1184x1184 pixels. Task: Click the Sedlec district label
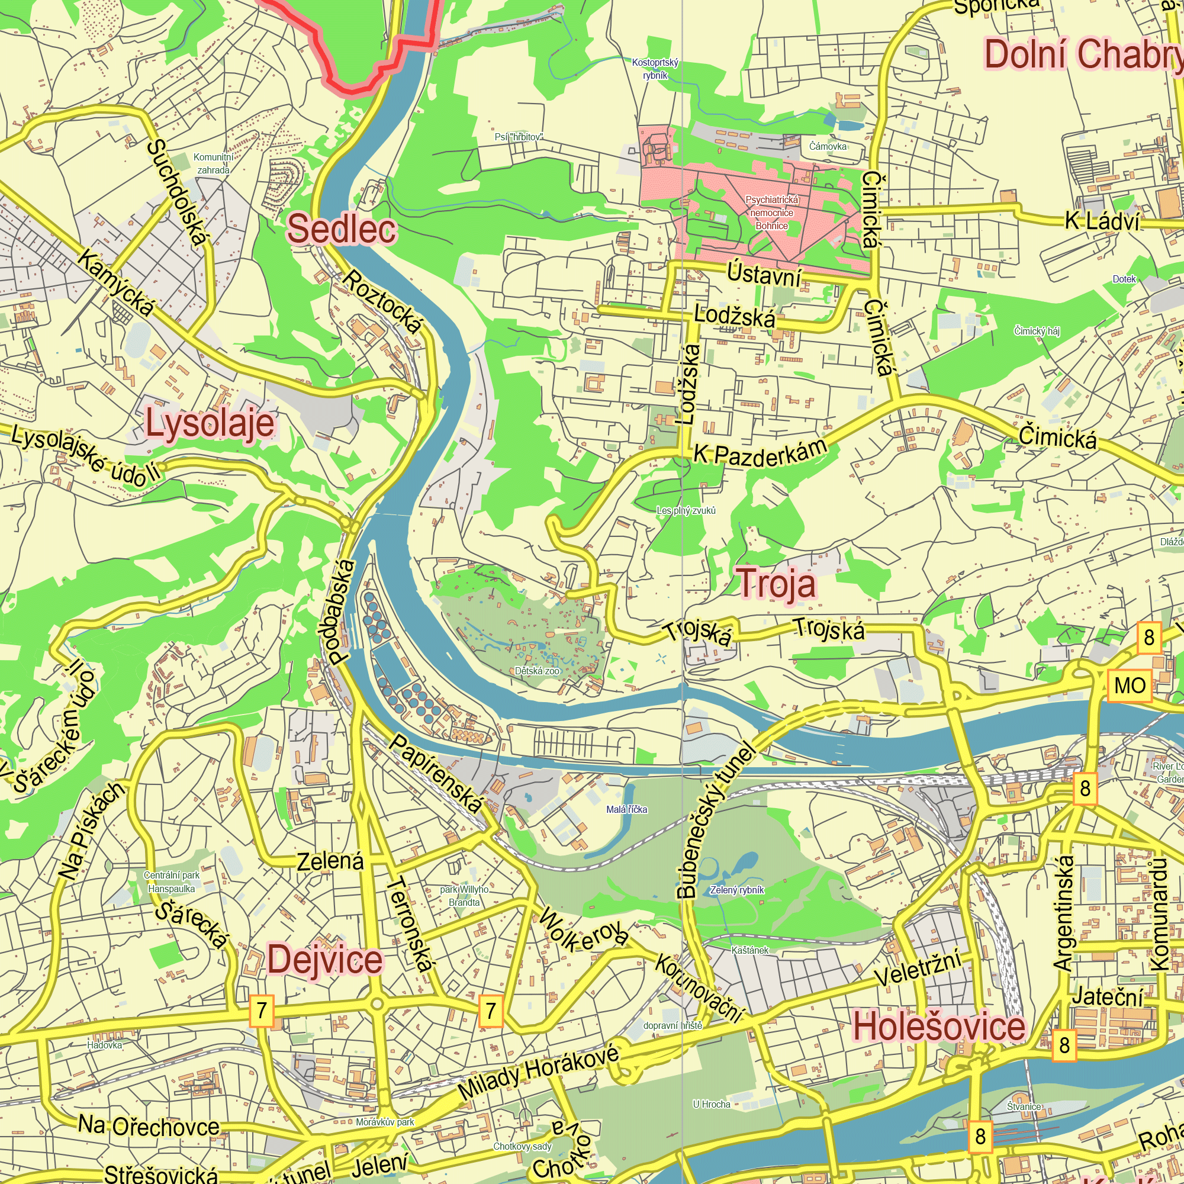click(342, 229)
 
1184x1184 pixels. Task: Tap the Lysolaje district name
click(210, 424)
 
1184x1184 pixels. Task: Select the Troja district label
click(777, 584)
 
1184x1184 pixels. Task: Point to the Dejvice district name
click(325, 960)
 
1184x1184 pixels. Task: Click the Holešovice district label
click(939, 1027)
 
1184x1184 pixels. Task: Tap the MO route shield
click(1130, 686)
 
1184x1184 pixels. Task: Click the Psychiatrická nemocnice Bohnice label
click(771, 213)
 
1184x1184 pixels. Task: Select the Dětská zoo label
click(537, 671)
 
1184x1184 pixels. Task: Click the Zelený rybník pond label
click(736, 890)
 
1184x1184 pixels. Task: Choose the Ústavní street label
click(764, 274)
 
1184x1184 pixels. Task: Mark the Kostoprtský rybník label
click(655, 69)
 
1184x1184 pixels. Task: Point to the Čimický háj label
click(1037, 331)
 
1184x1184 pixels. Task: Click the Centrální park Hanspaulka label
click(172, 882)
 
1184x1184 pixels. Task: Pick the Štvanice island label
click(1024, 1106)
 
